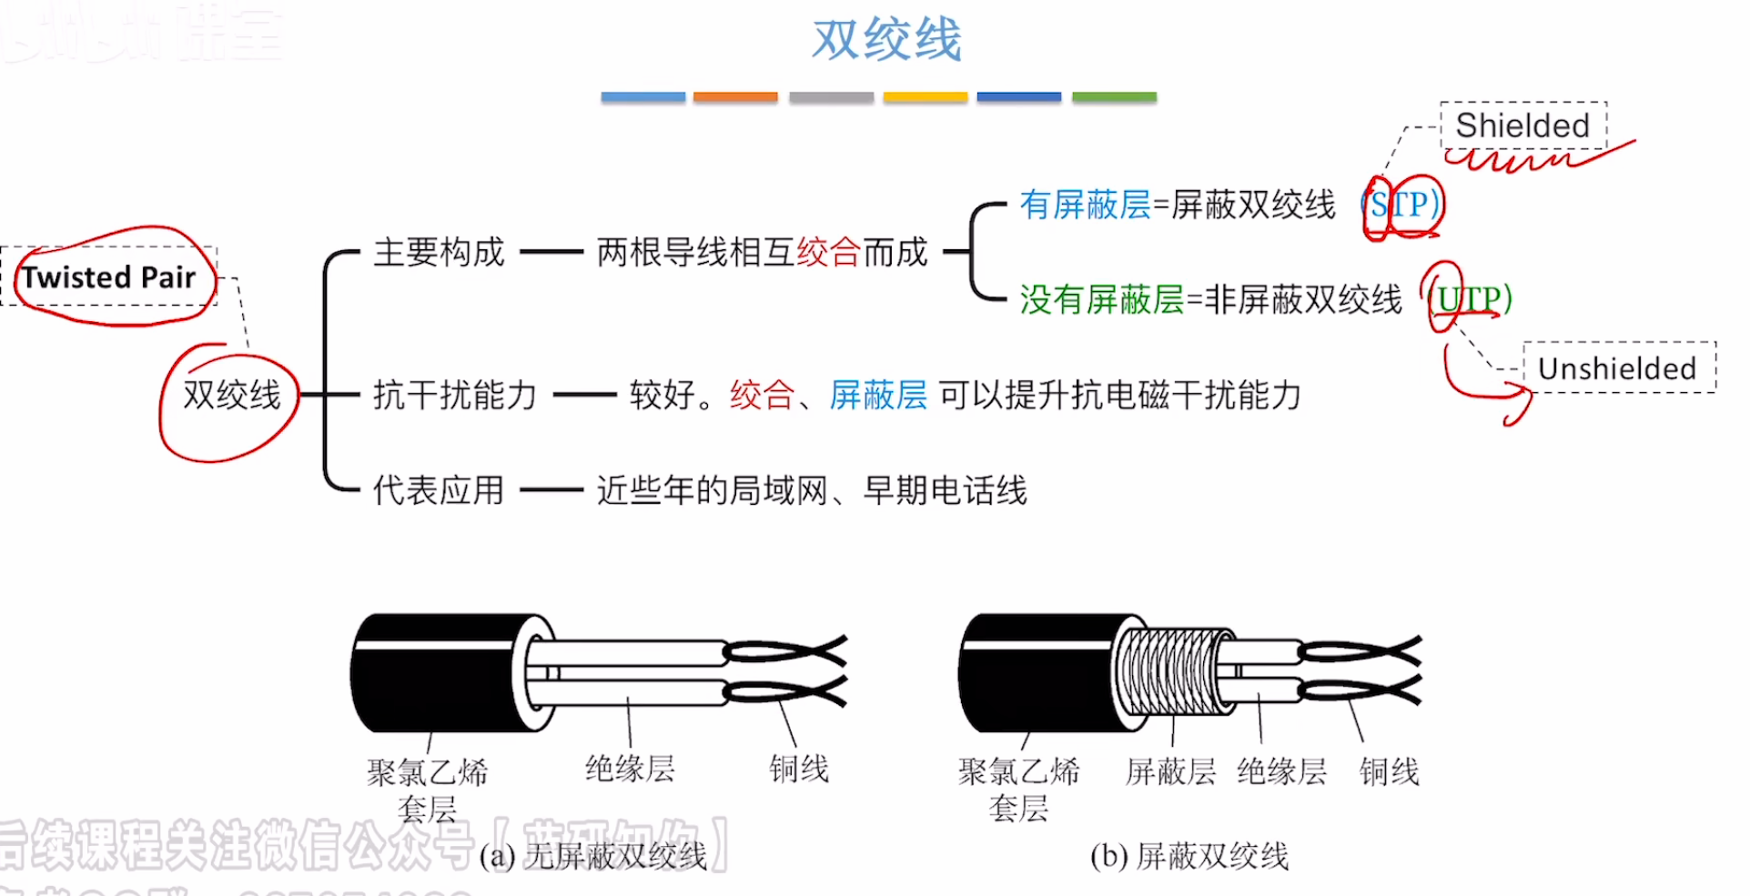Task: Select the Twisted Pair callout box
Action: click(x=109, y=277)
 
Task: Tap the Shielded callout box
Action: click(x=1522, y=126)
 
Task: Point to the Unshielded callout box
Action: click(x=1617, y=368)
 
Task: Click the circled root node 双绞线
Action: click(x=231, y=396)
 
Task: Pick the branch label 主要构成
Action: click(x=439, y=252)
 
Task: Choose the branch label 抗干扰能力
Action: click(x=454, y=396)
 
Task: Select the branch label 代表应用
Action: click(x=438, y=490)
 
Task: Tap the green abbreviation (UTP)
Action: click(x=1470, y=299)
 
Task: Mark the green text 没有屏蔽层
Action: click(x=1101, y=299)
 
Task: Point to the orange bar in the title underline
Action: click(x=735, y=96)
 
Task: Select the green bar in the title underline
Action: click(x=1114, y=96)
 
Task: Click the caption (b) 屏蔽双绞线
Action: click(x=1189, y=856)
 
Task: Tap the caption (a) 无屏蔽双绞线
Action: click(x=593, y=856)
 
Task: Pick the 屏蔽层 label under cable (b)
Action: click(x=1170, y=772)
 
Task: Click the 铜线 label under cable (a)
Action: click(x=798, y=770)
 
